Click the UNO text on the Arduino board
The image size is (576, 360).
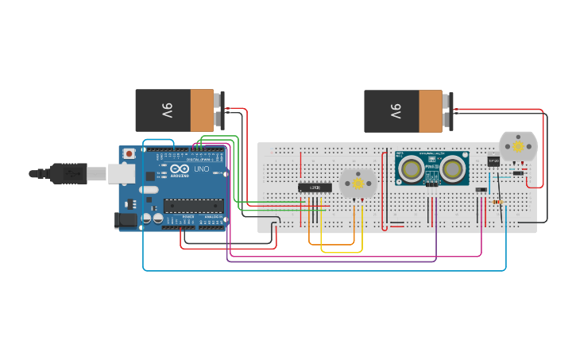pyautogui.click(x=201, y=169)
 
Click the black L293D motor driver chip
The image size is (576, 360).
pyautogui.click(x=315, y=188)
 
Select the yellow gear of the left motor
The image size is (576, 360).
pyautogui.click(x=358, y=184)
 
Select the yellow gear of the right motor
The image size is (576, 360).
pyautogui.click(x=518, y=147)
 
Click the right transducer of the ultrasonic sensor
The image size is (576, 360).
pyautogui.click(x=453, y=168)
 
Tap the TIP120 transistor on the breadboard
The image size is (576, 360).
pyautogui.click(x=493, y=161)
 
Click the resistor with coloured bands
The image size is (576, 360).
pyautogui.click(x=498, y=202)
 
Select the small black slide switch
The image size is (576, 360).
pyautogui.click(x=481, y=190)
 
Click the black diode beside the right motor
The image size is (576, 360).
pyautogui.click(x=518, y=172)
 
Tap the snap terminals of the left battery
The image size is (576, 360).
pyautogui.click(x=220, y=110)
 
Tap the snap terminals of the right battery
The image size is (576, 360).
pyautogui.click(x=449, y=110)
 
